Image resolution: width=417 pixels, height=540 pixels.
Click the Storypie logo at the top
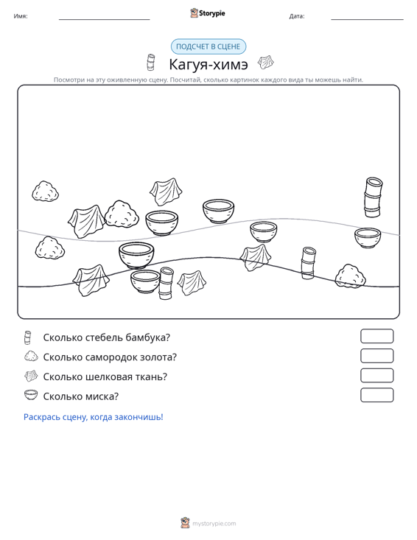(x=208, y=13)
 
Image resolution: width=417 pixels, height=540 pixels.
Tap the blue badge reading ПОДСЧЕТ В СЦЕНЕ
(x=208, y=46)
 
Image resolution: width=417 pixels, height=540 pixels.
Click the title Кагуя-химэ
(x=208, y=64)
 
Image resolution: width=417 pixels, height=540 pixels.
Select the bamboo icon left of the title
(x=150, y=63)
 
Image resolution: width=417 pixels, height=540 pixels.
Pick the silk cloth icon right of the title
(x=266, y=63)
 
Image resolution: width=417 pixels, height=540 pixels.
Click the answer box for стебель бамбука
(x=376, y=336)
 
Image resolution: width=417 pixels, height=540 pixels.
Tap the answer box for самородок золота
(x=376, y=356)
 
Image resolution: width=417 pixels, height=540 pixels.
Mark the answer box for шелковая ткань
(x=376, y=376)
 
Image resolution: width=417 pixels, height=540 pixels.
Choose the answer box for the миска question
(x=376, y=395)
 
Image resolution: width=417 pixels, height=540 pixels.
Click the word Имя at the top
(x=21, y=16)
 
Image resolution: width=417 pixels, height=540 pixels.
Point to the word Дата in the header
(x=296, y=16)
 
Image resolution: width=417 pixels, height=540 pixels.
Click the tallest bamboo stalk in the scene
(x=373, y=197)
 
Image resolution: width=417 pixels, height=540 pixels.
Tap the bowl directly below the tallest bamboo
(x=368, y=238)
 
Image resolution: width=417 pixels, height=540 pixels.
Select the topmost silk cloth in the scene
(x=166, y=192)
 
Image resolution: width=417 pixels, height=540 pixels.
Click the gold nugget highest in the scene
(x=45, y=191)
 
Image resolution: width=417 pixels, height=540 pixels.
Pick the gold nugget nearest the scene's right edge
(x=350, y=276)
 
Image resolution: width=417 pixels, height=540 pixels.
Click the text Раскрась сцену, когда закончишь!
(x=94, y=417)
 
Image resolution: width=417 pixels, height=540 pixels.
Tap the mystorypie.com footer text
(x=214, y=524)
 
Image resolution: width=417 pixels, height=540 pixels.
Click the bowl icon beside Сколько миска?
(x=31, y=395)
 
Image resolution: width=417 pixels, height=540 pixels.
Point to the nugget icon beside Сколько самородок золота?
(x=31, y=356)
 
